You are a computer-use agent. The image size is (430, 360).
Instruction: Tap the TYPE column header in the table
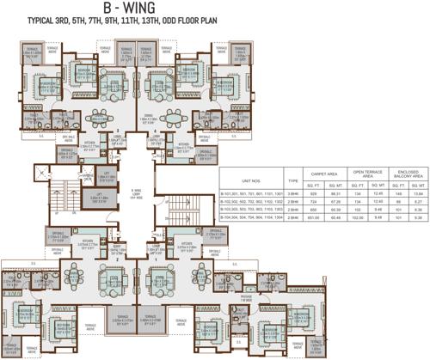point(293,181)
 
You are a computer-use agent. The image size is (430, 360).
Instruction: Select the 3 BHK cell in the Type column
point(293,194)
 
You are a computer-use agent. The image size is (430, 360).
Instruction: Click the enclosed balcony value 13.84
point(418,194)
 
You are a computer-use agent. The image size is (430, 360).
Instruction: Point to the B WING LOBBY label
point(135,192)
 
